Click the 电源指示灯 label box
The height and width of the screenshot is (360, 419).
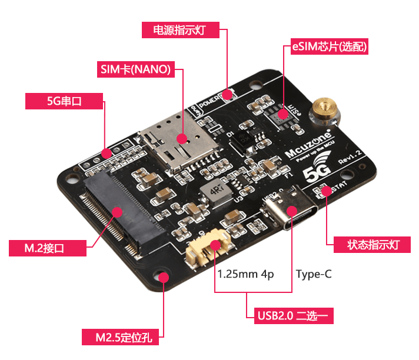point(181,30)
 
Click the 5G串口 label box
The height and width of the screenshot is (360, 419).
point(64,101)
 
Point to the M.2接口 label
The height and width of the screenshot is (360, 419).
point(48,248)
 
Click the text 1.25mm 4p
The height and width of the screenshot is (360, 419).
point(245,274)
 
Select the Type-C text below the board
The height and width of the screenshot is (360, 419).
point(314,274)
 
